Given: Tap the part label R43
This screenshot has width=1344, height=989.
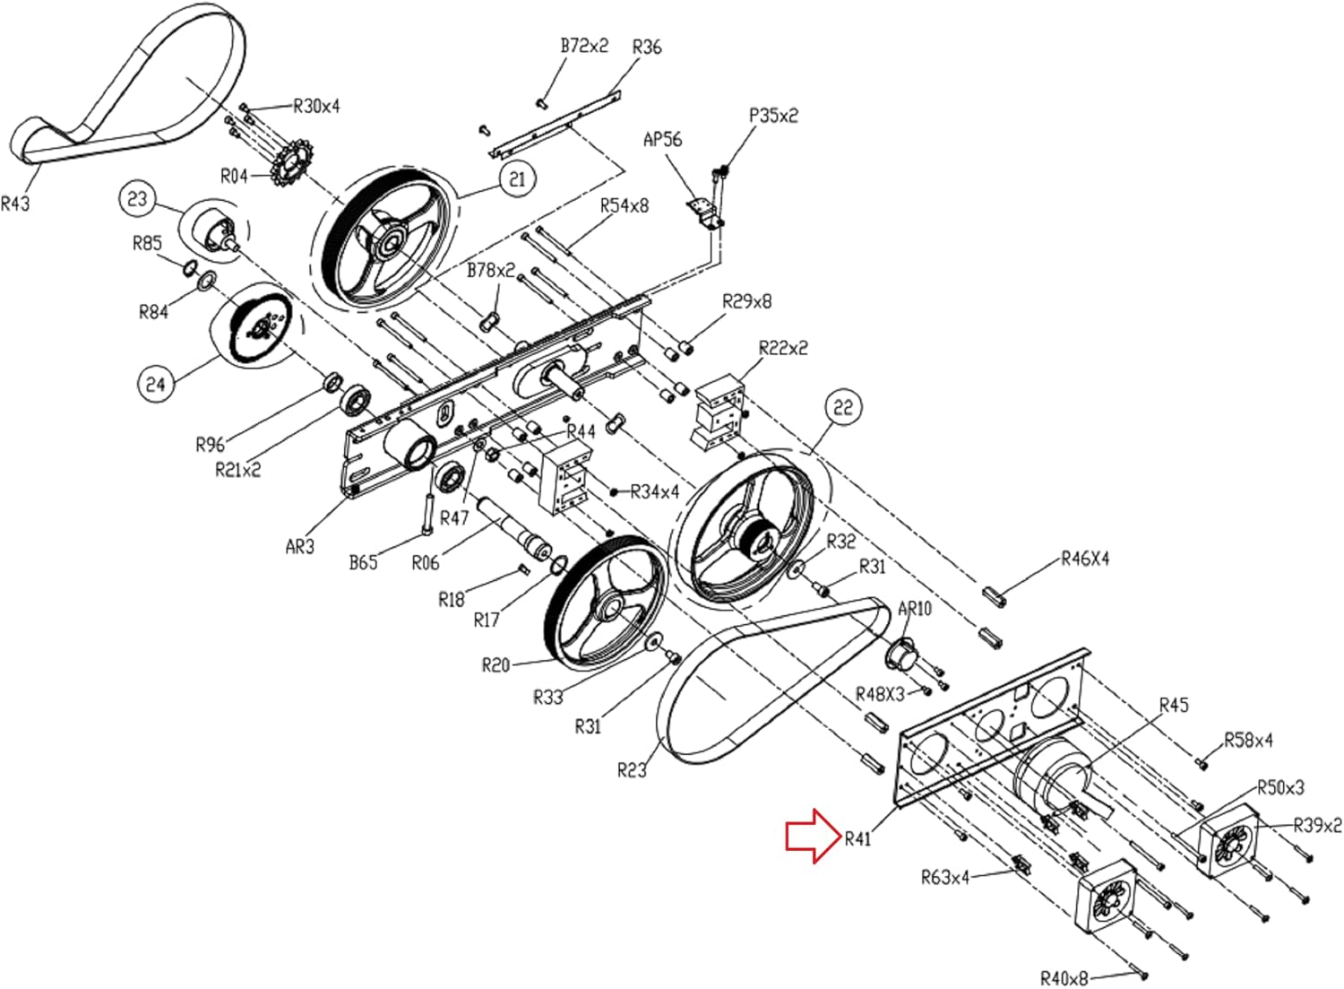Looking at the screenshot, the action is coord(15,204).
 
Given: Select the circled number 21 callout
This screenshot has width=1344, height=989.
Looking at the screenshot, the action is coord(517,179).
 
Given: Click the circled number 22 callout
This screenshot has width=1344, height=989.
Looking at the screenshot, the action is coord(843,408).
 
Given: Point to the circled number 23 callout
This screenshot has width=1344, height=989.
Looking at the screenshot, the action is coord(137,198).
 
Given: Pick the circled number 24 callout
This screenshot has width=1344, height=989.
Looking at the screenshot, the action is coord(156,384).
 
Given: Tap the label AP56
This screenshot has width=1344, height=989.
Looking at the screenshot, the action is coord(663,139).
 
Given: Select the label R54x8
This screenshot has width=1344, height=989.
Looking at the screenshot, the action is coord(625,206).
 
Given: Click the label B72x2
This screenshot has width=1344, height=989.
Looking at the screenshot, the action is coord(584,47).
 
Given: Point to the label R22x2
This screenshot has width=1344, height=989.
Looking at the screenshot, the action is coord(783,348).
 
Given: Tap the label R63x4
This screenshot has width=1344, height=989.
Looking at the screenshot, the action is coord(945,878).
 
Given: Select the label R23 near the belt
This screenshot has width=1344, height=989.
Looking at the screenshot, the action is coord(633,770).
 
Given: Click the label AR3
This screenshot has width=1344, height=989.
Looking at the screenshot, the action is coord(300,547).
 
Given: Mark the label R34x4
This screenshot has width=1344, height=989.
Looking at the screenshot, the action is coord(655,491).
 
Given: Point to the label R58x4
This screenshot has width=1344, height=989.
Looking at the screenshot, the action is coord(1248,740).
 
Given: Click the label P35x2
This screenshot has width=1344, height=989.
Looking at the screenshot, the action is coord(773,116).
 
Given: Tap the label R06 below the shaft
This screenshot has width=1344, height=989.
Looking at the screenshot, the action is coord(426,563).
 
